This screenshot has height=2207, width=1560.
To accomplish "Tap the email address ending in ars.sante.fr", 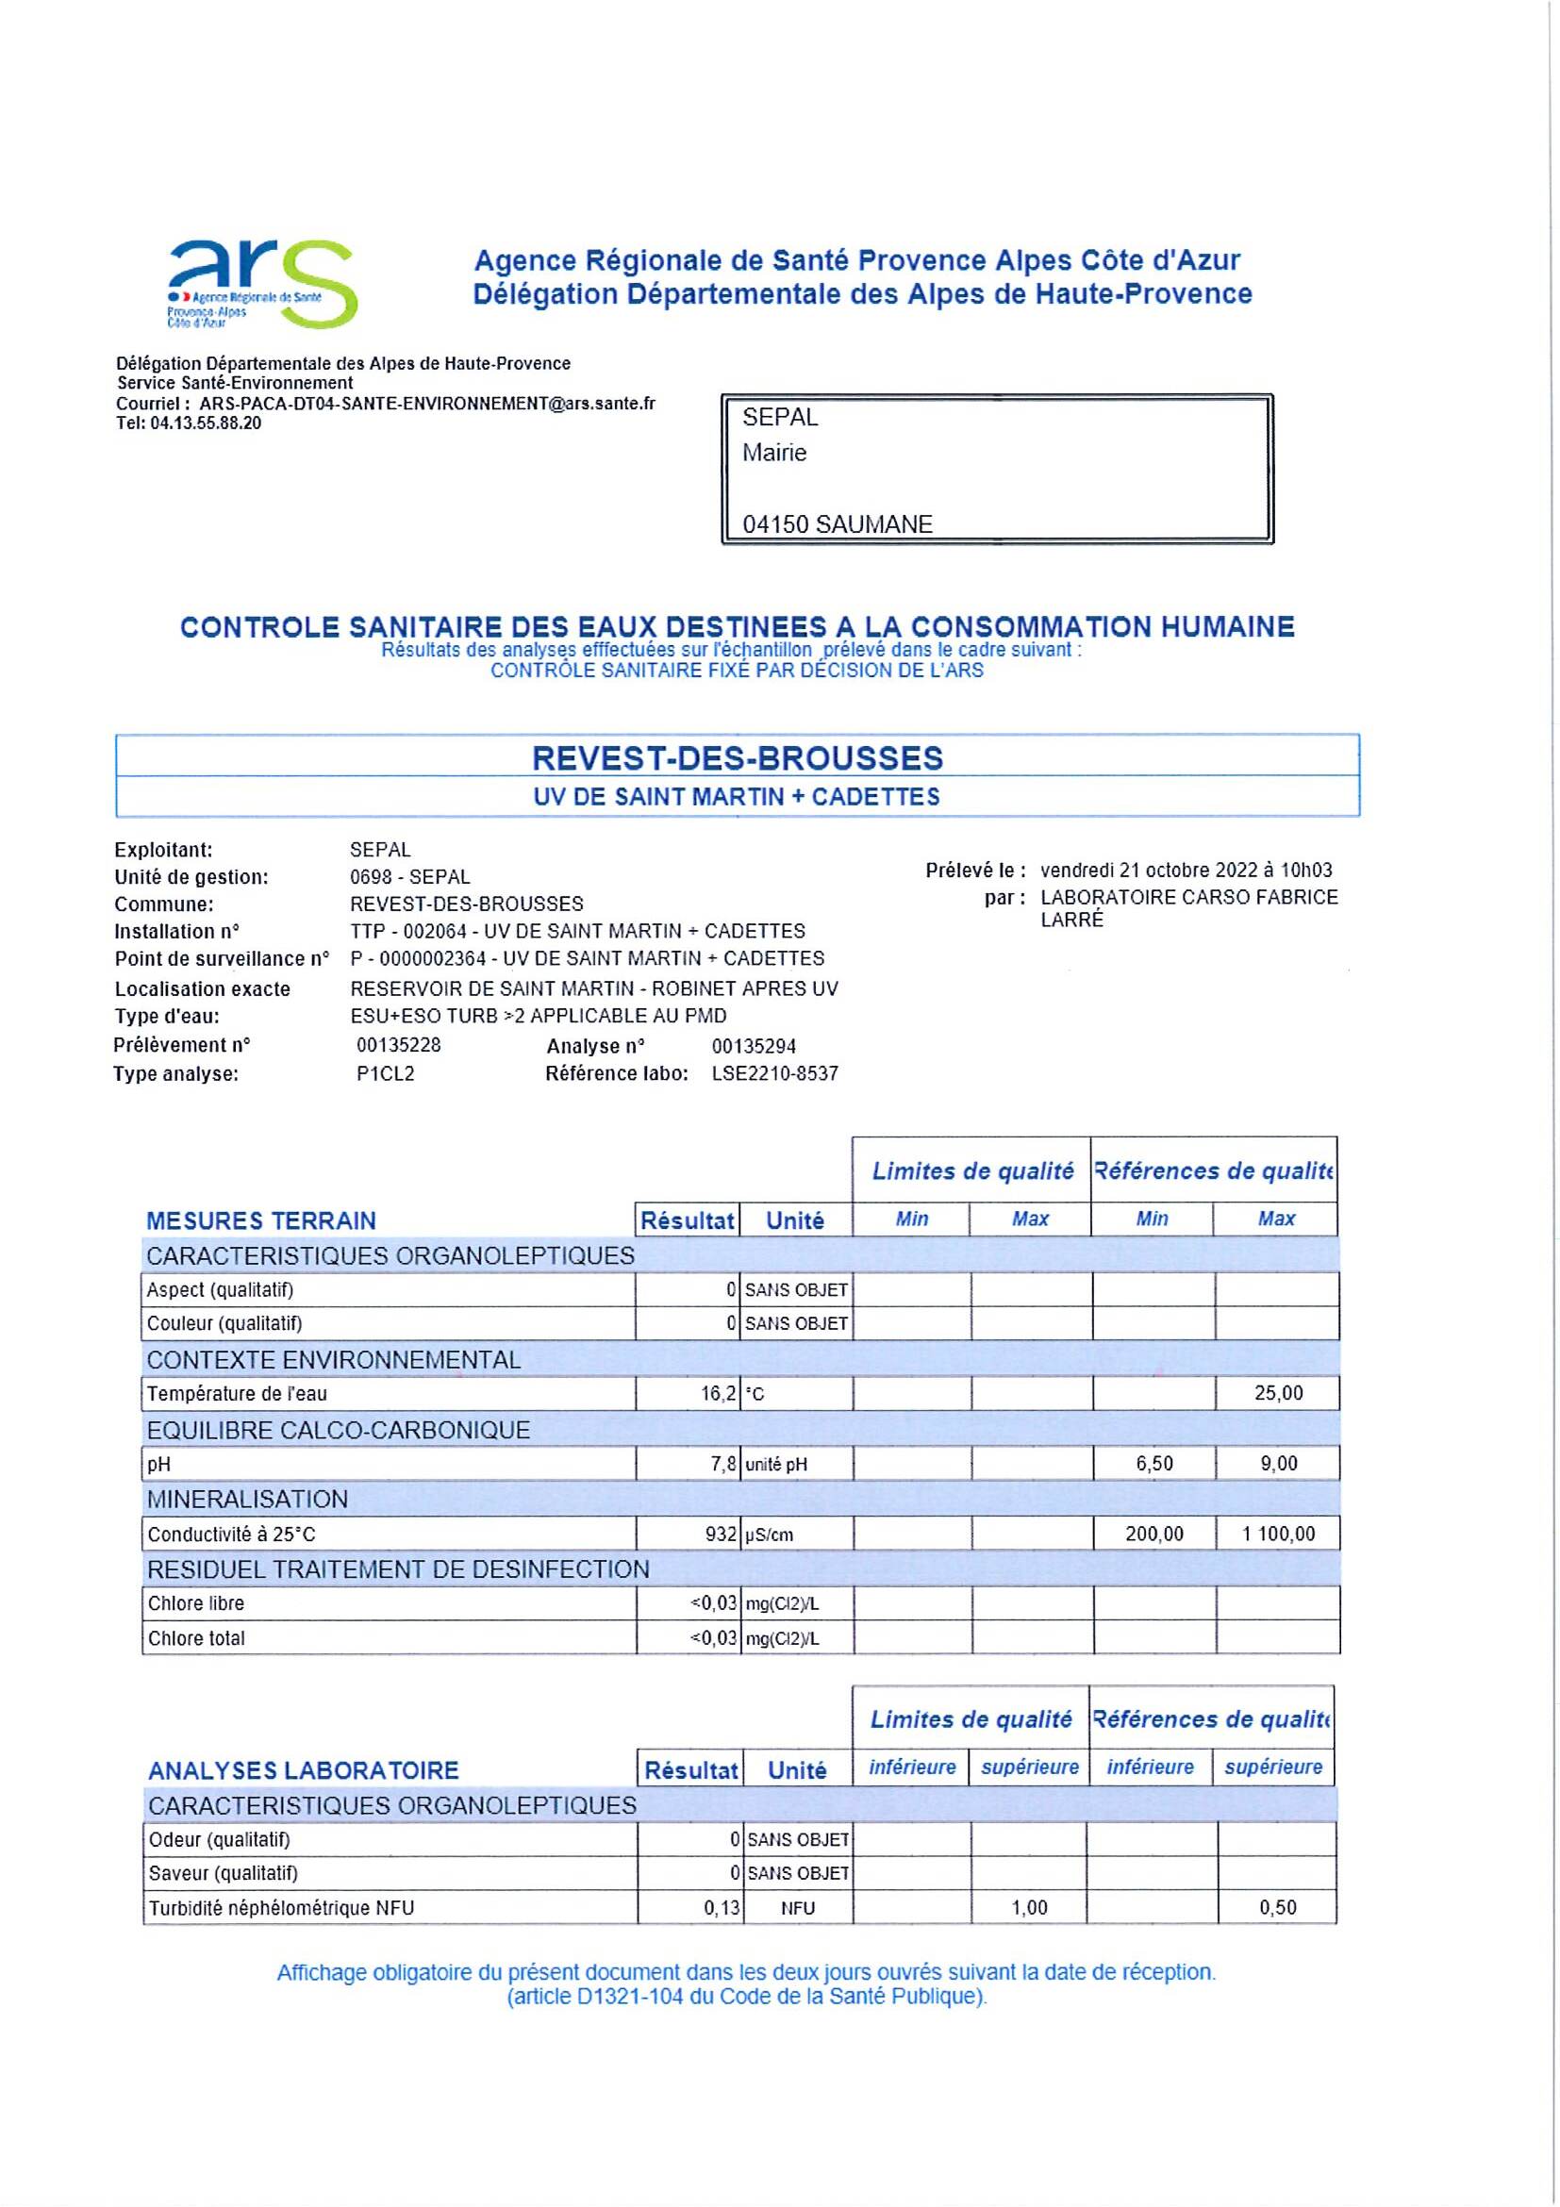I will (426, 404).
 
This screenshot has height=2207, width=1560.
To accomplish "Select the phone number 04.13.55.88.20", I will (206, 423).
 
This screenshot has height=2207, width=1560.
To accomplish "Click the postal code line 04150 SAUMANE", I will (838, 524).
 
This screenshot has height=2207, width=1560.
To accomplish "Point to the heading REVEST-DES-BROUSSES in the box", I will (738, 758).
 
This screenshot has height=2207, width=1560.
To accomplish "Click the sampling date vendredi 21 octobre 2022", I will (1187, 870).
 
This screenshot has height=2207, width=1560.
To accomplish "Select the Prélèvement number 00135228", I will (399, 1045).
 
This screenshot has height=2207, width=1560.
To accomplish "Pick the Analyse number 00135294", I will (754, 1046).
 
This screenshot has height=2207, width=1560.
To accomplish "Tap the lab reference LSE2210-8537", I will (774, 1073).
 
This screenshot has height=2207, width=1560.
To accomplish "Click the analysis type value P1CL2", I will (386, 1073).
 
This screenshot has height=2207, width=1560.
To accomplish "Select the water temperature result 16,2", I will (718, 1394).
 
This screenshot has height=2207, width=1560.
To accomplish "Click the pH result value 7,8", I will (722, 1464).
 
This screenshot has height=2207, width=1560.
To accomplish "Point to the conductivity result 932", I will (721, 1535).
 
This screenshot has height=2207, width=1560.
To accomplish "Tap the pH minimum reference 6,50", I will (1153, 1464).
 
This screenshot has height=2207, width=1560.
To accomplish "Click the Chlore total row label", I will (196, 1639).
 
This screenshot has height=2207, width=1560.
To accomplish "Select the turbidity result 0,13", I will (721, 1908).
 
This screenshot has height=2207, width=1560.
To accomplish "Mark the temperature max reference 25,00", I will (1277, 1394).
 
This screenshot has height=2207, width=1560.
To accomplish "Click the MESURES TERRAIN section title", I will (260, 1220).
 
